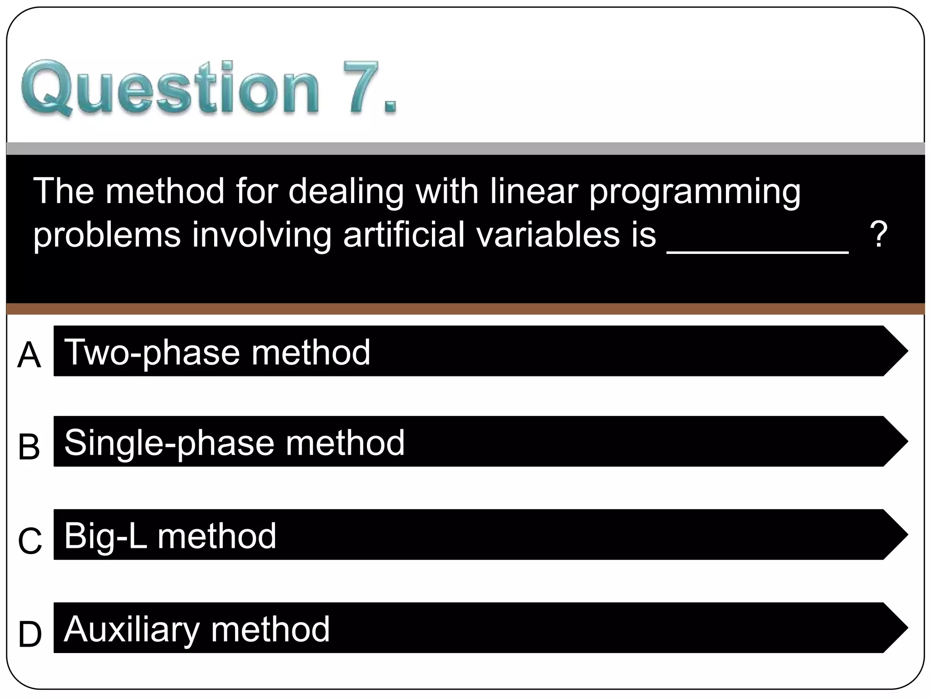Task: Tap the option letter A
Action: (x=29, y=355)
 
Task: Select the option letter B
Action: (x=29, y=447)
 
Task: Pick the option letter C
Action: (x=30, y=541)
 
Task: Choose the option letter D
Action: (x=30, y=634)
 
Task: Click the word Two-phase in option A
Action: (x=152, y=353)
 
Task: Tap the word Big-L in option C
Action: (x=105, y=536)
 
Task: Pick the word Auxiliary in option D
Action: (x=132, y=630)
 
